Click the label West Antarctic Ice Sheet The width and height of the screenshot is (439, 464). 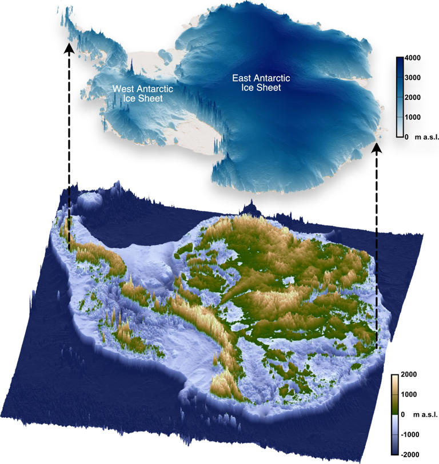[137, 94]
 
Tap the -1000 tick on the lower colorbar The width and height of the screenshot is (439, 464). [410, 434]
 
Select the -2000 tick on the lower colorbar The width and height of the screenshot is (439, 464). [410, 454]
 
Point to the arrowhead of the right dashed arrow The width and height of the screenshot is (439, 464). [377, 148]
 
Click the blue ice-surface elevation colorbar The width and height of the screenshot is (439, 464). [400, 97]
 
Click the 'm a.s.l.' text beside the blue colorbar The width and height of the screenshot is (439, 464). [423, 137]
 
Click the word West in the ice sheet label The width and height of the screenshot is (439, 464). [123, 88]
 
